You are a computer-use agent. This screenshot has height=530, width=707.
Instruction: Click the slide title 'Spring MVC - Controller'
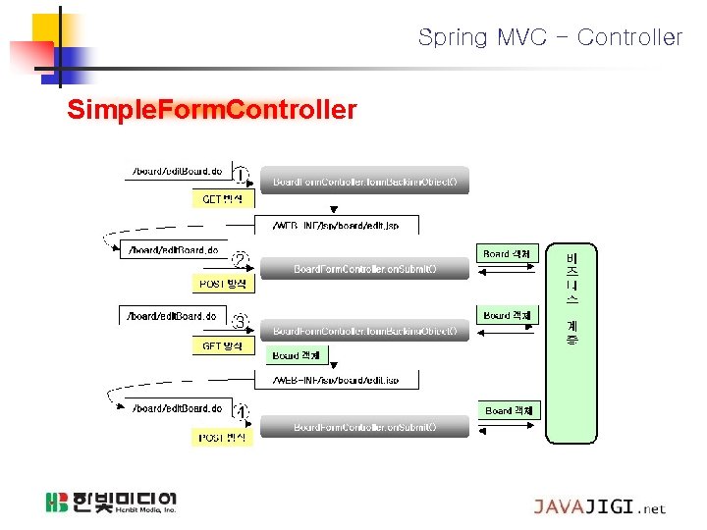point(550,38)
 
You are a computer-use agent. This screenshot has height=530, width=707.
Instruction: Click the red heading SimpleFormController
point(211,109)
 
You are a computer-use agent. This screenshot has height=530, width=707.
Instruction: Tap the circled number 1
point(241,178)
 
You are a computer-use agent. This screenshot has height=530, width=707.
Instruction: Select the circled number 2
point(240,261)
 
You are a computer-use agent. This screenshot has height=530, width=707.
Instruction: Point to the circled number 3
point(240,321)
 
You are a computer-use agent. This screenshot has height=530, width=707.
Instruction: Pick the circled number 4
point(241,412)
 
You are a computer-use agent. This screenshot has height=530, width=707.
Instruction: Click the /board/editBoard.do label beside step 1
point(177,172)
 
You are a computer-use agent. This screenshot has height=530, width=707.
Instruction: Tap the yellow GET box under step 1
point(222,199)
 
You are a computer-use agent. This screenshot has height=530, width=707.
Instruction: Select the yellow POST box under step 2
point(222,284)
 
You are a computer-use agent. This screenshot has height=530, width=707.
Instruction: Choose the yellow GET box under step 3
point(222,346)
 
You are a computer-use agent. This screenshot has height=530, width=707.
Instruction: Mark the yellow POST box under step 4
point(222,437)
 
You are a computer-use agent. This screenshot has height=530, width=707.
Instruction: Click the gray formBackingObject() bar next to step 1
point(364,182)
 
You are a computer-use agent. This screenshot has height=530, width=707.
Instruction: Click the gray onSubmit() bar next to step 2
point(364,268)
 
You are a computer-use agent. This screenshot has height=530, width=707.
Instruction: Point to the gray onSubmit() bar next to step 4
point(364,427)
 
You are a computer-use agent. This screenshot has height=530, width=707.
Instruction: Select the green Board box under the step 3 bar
point(296,355)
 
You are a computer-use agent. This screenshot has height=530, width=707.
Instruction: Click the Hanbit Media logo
point(110,503)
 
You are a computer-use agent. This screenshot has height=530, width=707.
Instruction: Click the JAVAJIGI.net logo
point(599,507)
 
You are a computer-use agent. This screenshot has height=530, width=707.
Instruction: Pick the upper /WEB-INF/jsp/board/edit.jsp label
point(335,226)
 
